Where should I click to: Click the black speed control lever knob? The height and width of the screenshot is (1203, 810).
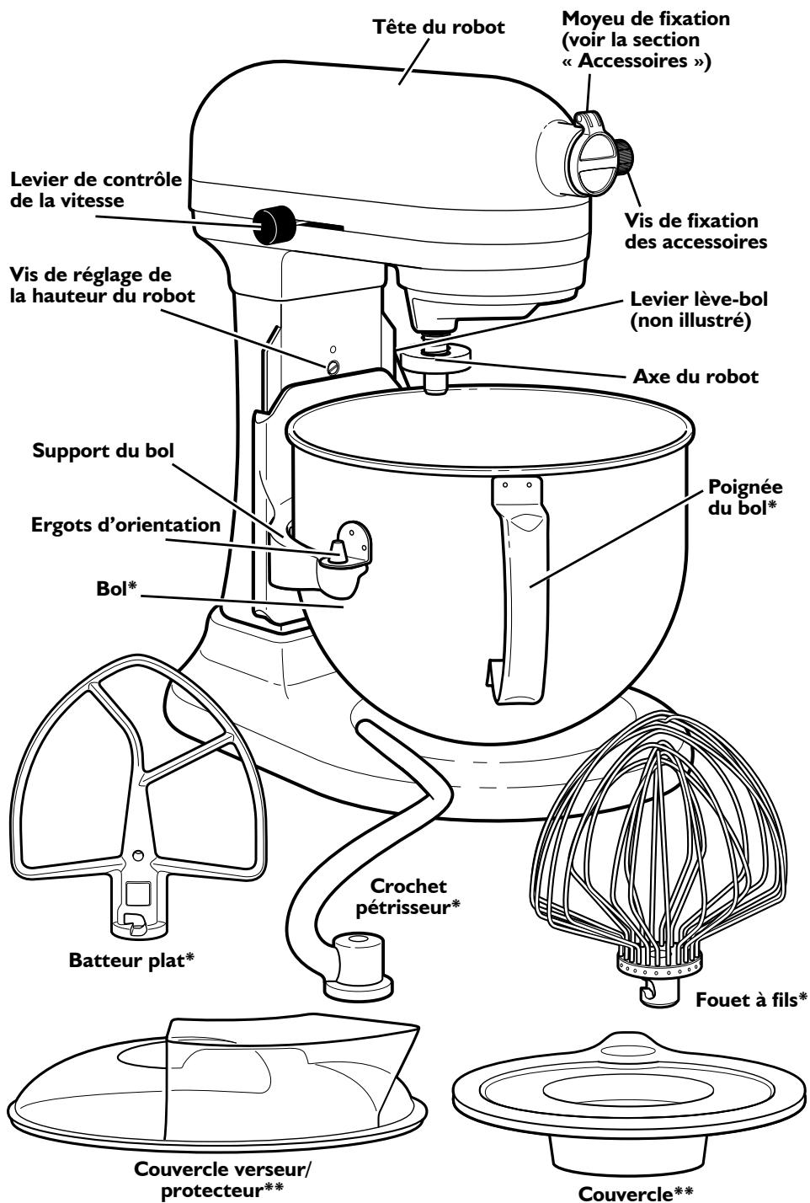tap(274, 225)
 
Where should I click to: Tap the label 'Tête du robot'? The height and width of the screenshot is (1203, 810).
tap(439, 27)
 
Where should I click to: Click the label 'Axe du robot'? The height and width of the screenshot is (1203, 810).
tap(695, 377)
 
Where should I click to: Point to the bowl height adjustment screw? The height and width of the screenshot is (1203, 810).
tap(333, 367)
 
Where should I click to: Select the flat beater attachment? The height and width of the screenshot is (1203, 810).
tap(137, 795)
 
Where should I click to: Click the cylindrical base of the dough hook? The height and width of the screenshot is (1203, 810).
tap(360, 967)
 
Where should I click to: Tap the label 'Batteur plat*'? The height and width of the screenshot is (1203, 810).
tap(131, 960)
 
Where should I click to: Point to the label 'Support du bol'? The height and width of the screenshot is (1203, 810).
tap(104, 450)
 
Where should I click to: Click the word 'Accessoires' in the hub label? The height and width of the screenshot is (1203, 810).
tap(633, 61)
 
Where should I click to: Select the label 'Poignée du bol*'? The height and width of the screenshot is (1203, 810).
tap(745, 497)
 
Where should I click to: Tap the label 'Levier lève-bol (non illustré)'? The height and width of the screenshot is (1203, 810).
tap(699, 309)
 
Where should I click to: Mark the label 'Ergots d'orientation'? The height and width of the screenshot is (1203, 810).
tap(125, 525)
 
